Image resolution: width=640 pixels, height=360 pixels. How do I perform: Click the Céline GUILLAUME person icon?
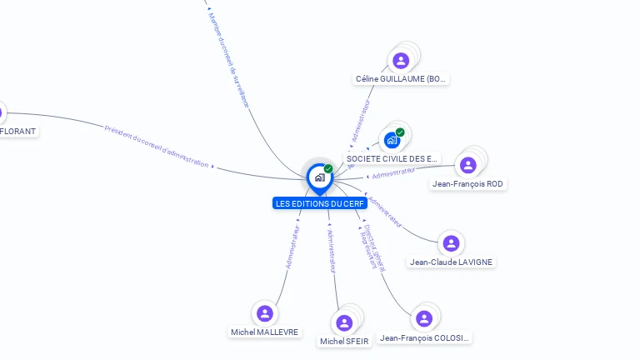tap(401, 60)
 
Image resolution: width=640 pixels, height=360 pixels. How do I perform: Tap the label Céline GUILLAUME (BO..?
tap(402, 79)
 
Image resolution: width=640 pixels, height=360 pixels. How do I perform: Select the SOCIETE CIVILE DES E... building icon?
tap(392, 139)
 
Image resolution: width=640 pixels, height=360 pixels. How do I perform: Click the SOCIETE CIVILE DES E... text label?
tap(392, 158)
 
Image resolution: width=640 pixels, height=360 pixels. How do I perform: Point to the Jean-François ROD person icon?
tap(468, 164)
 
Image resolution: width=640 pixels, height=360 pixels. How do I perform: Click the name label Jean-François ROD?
tap(468, 183)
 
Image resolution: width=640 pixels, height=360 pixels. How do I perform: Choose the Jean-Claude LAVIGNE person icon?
tap(451, 243)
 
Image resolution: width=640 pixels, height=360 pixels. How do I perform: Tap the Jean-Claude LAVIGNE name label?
tap(451, 262)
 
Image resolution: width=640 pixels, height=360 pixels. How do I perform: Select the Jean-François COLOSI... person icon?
tap(424, 319)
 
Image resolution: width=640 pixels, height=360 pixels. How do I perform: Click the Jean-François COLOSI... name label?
tap(425, 338)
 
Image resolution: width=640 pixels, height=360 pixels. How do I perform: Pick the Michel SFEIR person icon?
tap(344, 322)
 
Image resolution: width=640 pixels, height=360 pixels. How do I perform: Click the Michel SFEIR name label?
tap(344, 342)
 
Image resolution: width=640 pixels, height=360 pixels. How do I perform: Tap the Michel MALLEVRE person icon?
tap(265, 313)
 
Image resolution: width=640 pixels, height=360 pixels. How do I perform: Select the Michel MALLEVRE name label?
tap(264, 332)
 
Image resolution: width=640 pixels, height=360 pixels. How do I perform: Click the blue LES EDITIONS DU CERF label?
tap(320, 203)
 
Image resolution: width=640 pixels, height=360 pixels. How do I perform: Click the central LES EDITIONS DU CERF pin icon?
tap(319, 177)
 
